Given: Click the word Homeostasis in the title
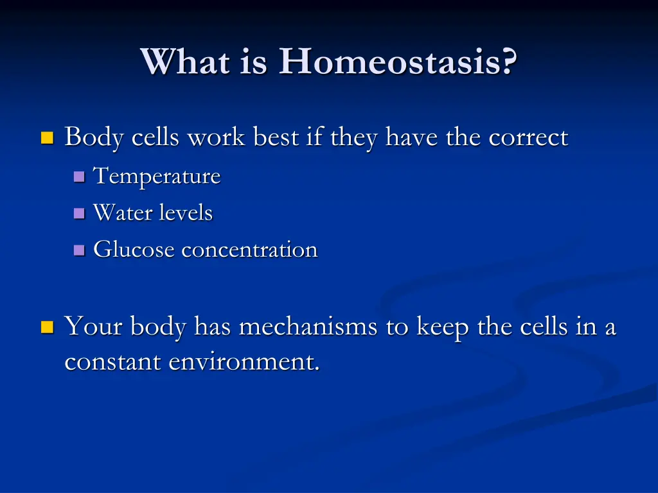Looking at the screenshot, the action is coord(398,61).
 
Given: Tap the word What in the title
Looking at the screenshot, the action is coord(186,61).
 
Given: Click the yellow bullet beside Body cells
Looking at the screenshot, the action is coord(48,138).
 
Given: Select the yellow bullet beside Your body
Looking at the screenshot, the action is coord(48,327).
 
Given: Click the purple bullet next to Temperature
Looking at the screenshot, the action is coord(79,177).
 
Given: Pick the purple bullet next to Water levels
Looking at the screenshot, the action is coord(79,213).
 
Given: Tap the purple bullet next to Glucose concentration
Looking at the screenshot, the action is coord(79,250).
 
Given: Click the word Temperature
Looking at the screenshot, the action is coord(157,176).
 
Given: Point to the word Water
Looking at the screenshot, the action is coord(123,212).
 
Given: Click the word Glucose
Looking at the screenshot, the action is coord(134,249).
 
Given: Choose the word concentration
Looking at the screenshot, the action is coord(250,250).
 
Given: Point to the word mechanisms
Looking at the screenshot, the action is coord(308,326).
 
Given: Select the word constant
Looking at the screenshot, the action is coord(113,362).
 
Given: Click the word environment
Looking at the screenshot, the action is coord(244,362).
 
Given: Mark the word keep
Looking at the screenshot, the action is coord(443,327).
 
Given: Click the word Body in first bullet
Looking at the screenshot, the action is coord(94,138).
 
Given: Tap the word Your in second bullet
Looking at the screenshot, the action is coord(94,326).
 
